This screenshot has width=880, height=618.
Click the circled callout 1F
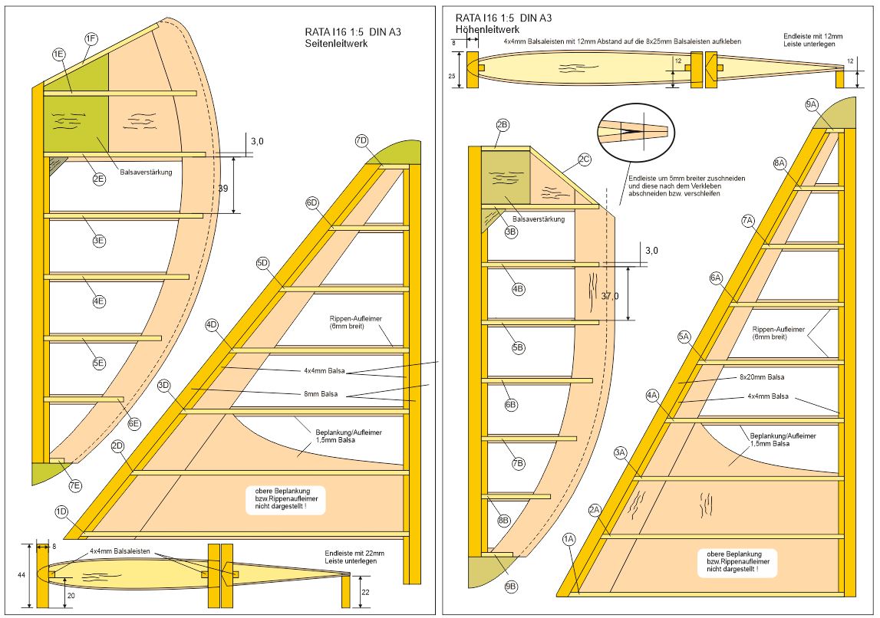click(x=91, y=38)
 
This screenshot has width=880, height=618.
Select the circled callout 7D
click(x=362, y=140)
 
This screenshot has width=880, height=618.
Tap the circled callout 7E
click(x=74, y=485)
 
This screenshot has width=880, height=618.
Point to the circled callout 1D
click(x=61, y=511)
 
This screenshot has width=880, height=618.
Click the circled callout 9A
click(x=812, y=104)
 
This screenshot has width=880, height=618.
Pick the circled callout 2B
click(x=503, y=124)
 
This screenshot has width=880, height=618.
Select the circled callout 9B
click(x=512, y=587)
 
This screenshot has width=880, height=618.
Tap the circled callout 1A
click(x=569, y=539)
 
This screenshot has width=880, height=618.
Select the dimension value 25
click(x=452, y=77)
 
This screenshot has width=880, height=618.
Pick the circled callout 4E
click(x=99, y=301)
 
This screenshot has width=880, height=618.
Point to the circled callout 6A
click(x=717, y=278)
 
